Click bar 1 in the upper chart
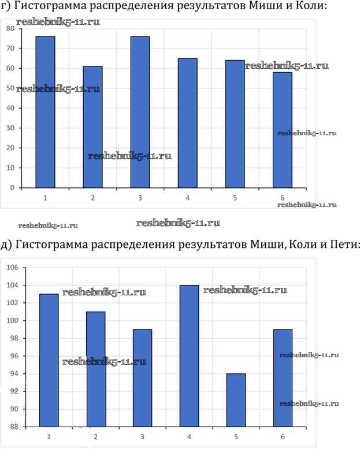point(45,112)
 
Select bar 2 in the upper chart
point(92,127)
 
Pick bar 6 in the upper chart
point(283,130)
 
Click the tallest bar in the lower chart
point(189,356)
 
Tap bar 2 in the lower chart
point(96,369)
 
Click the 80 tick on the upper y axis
point(10,28)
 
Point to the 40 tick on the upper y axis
point(10,108)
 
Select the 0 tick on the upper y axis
point(12,188)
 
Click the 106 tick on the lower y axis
point(12,268)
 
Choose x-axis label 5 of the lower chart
point(236,436)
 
